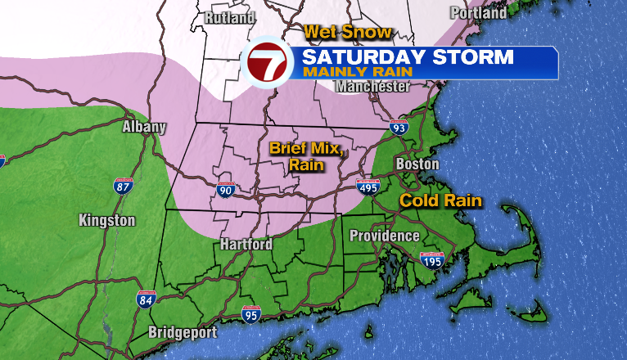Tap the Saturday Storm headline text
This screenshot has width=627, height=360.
[x=407, y=57]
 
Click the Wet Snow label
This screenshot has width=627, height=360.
[x=348, y=33]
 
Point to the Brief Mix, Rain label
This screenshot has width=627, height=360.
[x=304, y=156]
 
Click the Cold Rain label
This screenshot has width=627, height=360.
[x=440, y=200]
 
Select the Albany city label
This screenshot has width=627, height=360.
[x=144, y=127]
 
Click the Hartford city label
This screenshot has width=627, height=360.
[x=246, y=244]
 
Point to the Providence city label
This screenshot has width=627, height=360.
[x=385, y=236]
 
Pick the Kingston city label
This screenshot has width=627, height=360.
[x=107, y=220]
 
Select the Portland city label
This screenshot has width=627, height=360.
[x=479, y=13]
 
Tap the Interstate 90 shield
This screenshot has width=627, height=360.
[x=226, y=190]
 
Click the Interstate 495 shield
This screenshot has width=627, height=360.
[x=368, y=188]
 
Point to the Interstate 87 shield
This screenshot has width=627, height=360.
[x=123, y=185]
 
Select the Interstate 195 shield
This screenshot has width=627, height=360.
[x=431, y=260]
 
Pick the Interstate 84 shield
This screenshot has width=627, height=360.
[x=146, y=299]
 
